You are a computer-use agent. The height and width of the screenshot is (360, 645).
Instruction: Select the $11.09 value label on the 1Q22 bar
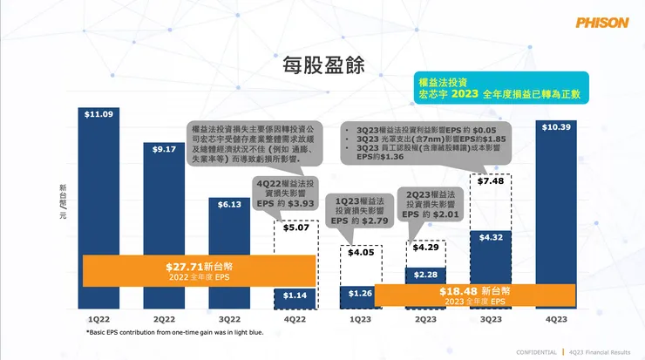(x=98, y=114)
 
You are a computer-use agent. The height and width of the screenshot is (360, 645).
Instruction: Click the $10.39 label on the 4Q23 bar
(x=555, y=127)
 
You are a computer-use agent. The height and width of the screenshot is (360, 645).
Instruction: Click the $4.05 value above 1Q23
(x=359, y=253)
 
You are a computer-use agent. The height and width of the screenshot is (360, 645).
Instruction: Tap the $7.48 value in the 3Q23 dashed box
(x=491, y=181)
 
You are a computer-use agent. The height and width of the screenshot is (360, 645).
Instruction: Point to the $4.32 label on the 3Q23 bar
(x=491, y=237)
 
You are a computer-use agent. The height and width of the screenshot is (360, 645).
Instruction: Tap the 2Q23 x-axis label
(x=424, y=319)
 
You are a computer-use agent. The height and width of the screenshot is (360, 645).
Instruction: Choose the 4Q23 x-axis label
(x=555, y=319)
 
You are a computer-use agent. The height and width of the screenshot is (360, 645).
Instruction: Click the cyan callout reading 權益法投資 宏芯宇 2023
(x=499, y=88)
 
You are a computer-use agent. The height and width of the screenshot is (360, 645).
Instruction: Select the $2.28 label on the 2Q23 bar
(x=425, y=275)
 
